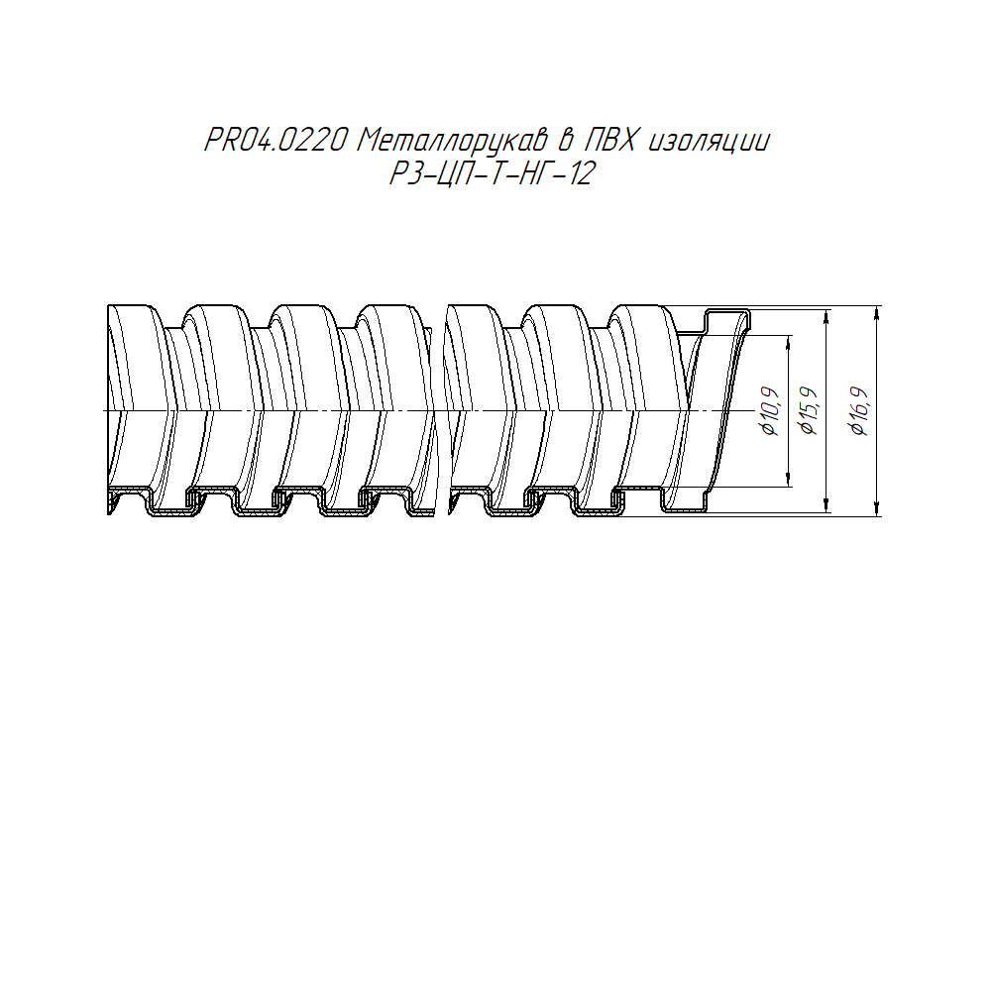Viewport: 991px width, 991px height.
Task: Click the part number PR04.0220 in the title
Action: coord(275,141)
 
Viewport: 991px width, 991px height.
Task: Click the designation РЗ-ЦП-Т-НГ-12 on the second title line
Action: coord(493,173)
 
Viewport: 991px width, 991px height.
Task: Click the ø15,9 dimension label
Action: coord(810,411)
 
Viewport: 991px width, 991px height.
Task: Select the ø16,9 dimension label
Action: coord(860,411)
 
